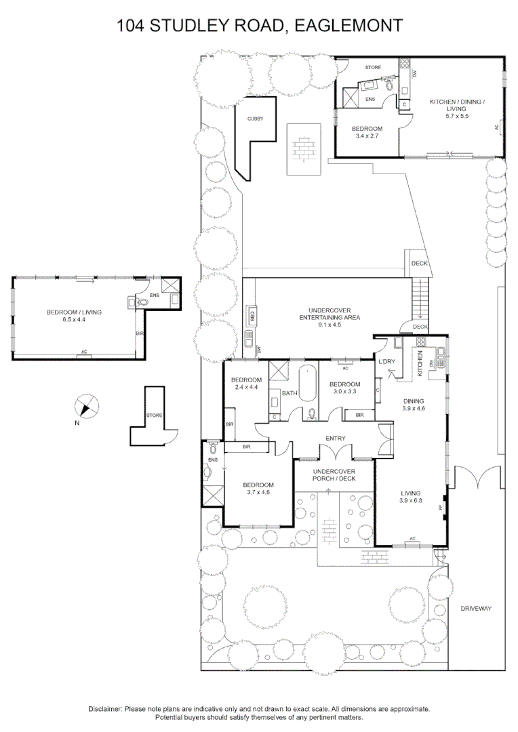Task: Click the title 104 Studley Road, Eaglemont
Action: pos(260,26)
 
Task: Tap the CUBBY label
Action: pos(255,119)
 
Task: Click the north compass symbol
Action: pos(84,407)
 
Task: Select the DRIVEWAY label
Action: pos(475,608)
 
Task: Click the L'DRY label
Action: pos(386,362)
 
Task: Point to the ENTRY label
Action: pos(336,439)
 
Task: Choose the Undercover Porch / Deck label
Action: pos(334,474)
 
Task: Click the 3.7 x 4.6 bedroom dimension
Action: pos(258,493)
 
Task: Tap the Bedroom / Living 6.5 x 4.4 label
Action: pos(74,316)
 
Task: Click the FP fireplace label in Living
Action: pos(440,507)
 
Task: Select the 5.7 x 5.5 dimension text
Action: pos(455,117)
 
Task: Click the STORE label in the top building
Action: pos(373,68)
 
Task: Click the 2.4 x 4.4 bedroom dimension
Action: pos(246,387)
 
